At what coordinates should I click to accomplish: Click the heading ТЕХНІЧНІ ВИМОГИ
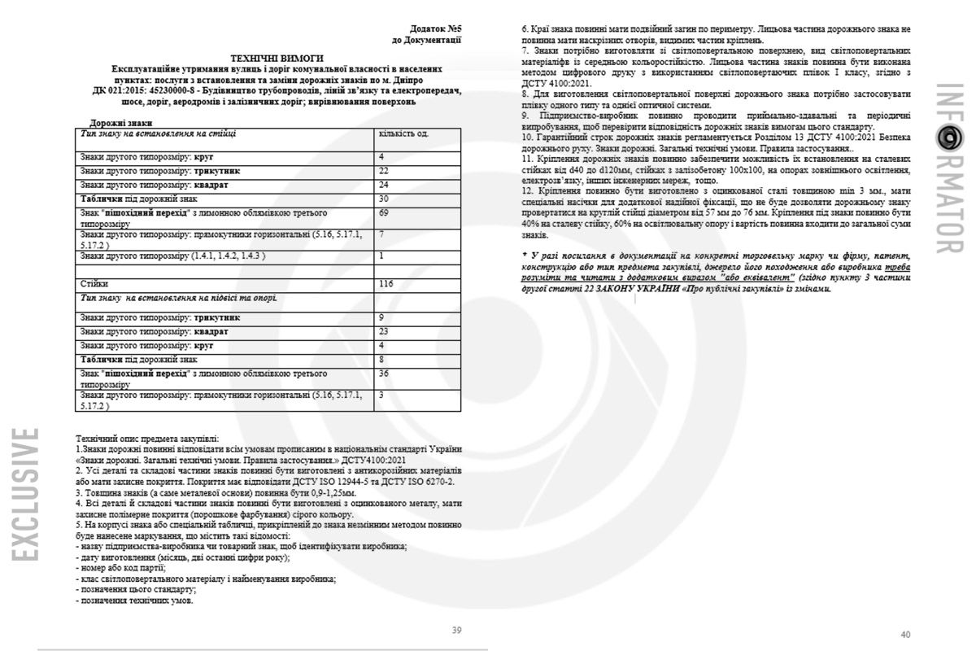[277, 59]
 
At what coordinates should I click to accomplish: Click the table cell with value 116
[386, 284]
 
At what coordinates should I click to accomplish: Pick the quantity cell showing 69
[385, 212]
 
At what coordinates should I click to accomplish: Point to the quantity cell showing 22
[385, 171]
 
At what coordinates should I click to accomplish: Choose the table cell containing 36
[385, 374]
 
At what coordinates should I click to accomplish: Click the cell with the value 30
[385, 199]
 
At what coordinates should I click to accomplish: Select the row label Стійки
[94, 284]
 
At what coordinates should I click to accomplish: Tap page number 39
[456, 631]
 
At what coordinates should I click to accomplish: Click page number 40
[905, 634]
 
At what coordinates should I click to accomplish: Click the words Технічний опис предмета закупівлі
[146, 438]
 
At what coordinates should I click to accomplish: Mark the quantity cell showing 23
[385, 332]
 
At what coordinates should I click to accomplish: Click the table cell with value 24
[385, 185]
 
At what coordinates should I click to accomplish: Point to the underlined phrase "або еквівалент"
[752, 277]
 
